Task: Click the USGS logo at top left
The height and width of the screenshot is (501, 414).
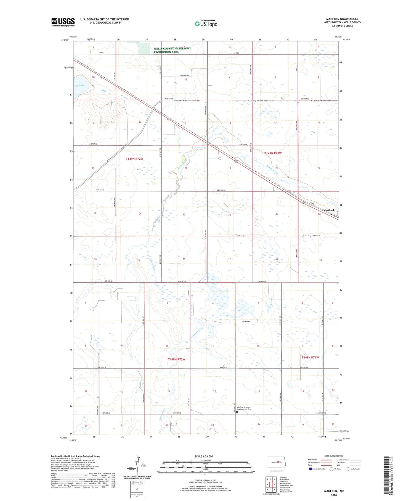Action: point(63,22)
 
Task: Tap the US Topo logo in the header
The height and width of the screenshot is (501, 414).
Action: point(206,23)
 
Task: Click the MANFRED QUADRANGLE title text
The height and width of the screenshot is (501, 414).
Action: point(342,19)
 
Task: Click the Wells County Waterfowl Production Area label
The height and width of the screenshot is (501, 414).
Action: point(172,50)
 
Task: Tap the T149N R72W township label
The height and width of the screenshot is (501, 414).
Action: point(134,159)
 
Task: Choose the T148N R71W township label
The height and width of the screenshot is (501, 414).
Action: point(310,357)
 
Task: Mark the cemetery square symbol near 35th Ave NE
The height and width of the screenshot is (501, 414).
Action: point(237,412)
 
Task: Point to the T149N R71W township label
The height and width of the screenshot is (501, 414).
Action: point(273,153)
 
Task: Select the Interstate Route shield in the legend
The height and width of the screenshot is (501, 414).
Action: point(310,469)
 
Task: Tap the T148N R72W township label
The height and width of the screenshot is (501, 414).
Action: point(176,359)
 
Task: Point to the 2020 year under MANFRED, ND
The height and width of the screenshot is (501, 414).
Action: point(334,495)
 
